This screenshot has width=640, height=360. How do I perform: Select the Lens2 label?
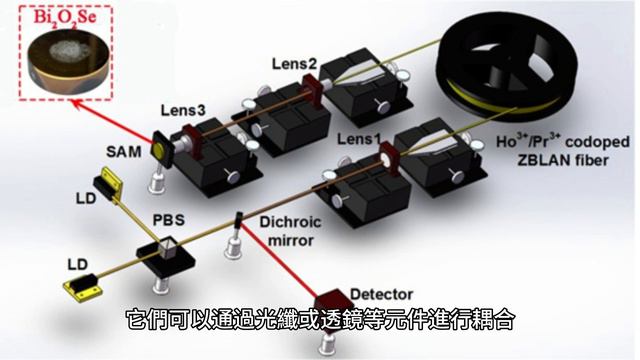(x=294, y=65)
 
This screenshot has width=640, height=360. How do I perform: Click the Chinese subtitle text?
(x=320, y=322)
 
